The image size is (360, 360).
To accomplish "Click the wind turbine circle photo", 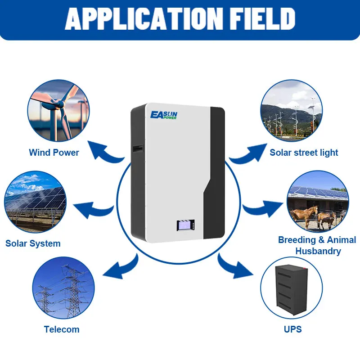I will (58, 112).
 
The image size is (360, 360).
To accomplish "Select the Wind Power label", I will (54, 153).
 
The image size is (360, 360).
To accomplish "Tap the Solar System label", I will (33, 243).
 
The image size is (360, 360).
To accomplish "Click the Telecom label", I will (62, 329).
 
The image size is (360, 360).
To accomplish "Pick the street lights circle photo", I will (291, 111).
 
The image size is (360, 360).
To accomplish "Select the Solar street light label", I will (304, 153).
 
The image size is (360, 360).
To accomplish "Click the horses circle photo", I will (317, 202).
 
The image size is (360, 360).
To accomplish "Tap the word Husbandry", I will (318, 251).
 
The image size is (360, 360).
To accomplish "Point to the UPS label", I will (292, 329).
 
